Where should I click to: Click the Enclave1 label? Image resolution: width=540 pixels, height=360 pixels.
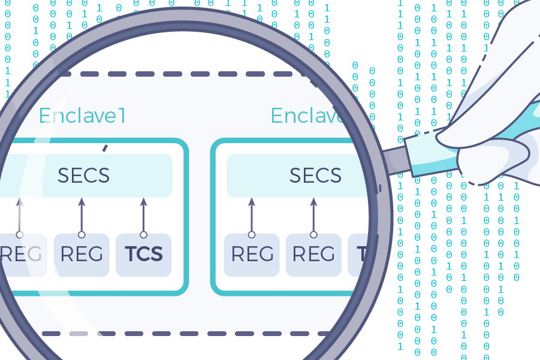(x=83, y=115)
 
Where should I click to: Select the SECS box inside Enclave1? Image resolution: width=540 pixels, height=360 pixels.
(x=84, y=176)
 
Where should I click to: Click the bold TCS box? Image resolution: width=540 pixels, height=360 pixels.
(x=143, y=255)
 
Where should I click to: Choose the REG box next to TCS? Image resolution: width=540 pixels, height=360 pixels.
(x=82, y=255)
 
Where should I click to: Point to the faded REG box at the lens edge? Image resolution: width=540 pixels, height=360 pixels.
(x=21, y=255)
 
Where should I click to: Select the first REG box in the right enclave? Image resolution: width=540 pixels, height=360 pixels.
(x=252, y=255)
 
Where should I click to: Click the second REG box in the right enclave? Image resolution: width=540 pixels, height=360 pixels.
(x=313, y=255)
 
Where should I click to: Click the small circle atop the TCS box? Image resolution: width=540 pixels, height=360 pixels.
(x=143, y=234)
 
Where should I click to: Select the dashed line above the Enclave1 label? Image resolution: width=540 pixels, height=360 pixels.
(x=180, y=74)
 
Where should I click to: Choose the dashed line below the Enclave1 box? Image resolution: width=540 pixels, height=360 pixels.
(x=180, y=333)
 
